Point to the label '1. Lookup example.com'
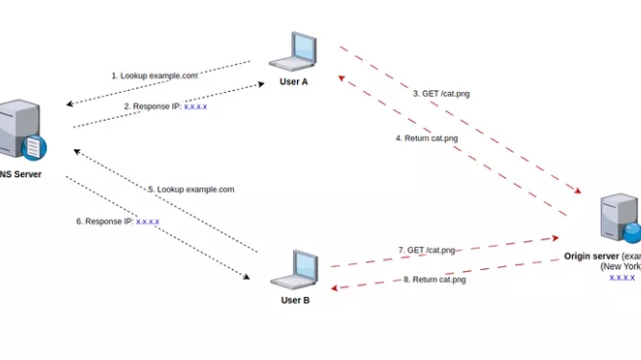pyautogui.click(x=154, y=75)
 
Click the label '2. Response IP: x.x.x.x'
pyautogui.click(x=166, y=106)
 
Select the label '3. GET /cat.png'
pyautogui.click(x=441, y=93)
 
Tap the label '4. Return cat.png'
pyautogui.click(x=427, y=138)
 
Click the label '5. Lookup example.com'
pyautogui.click(x=191, y=190)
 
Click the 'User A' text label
pyautogui.click(x=294, y=81)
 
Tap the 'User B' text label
pyautogui.click(x=295, y=300)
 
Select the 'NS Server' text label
pyautogui.click(x=21, y=175)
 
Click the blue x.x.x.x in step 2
pyautogui.click(x=195, y=106)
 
